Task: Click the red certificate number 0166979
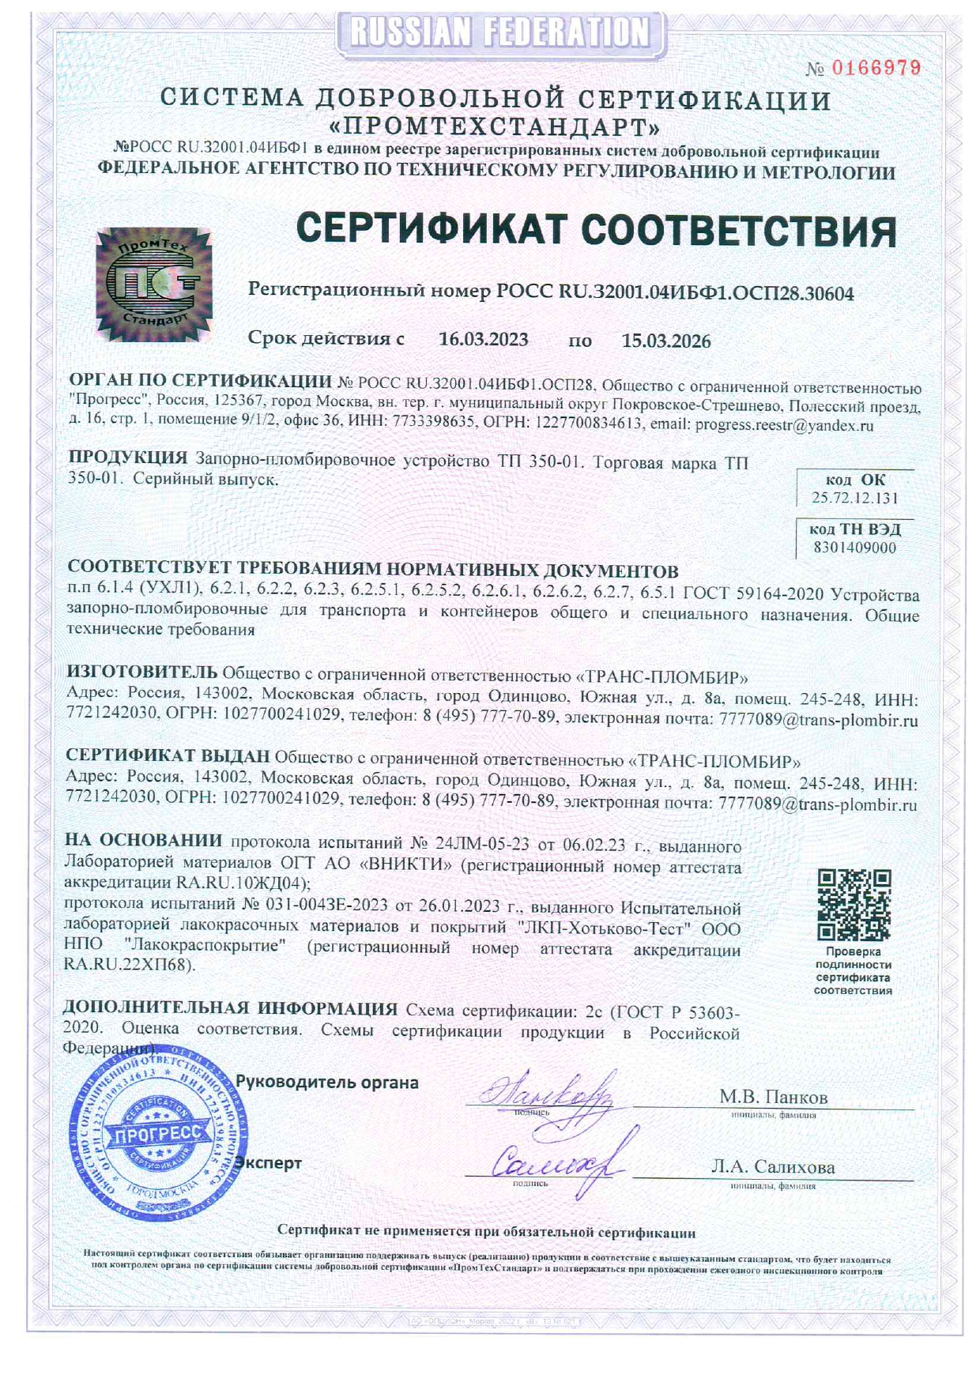(x=876, y=68)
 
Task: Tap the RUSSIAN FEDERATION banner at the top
(x=500, y=33)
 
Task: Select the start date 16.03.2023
(x=483, y=340)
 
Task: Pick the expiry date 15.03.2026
(x=665, y=341)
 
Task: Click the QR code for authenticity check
(x=854, y=906)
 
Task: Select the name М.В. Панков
(x=773, y=1097)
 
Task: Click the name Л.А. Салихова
(x=772, y=1167)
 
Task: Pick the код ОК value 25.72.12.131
(x=854, y=498)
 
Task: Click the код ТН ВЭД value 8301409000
(x=854, y=548)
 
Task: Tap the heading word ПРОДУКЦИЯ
(x=127, y=458)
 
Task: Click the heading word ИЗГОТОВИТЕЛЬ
(x=141, y=672)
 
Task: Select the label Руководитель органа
(x=327, y=1083)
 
